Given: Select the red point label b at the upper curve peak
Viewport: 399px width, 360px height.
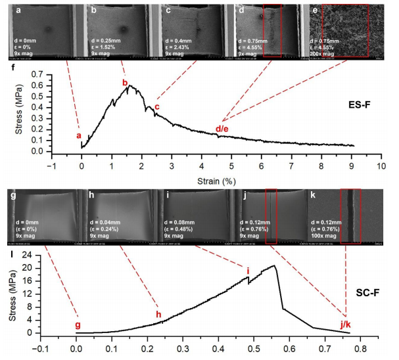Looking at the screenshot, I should tap(124, 82).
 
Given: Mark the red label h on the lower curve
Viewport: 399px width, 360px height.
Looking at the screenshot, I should tap(158, 314).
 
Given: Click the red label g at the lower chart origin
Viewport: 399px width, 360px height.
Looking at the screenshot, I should tap(78, 325).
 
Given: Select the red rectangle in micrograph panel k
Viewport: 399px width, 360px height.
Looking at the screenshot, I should tap(350, 216).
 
